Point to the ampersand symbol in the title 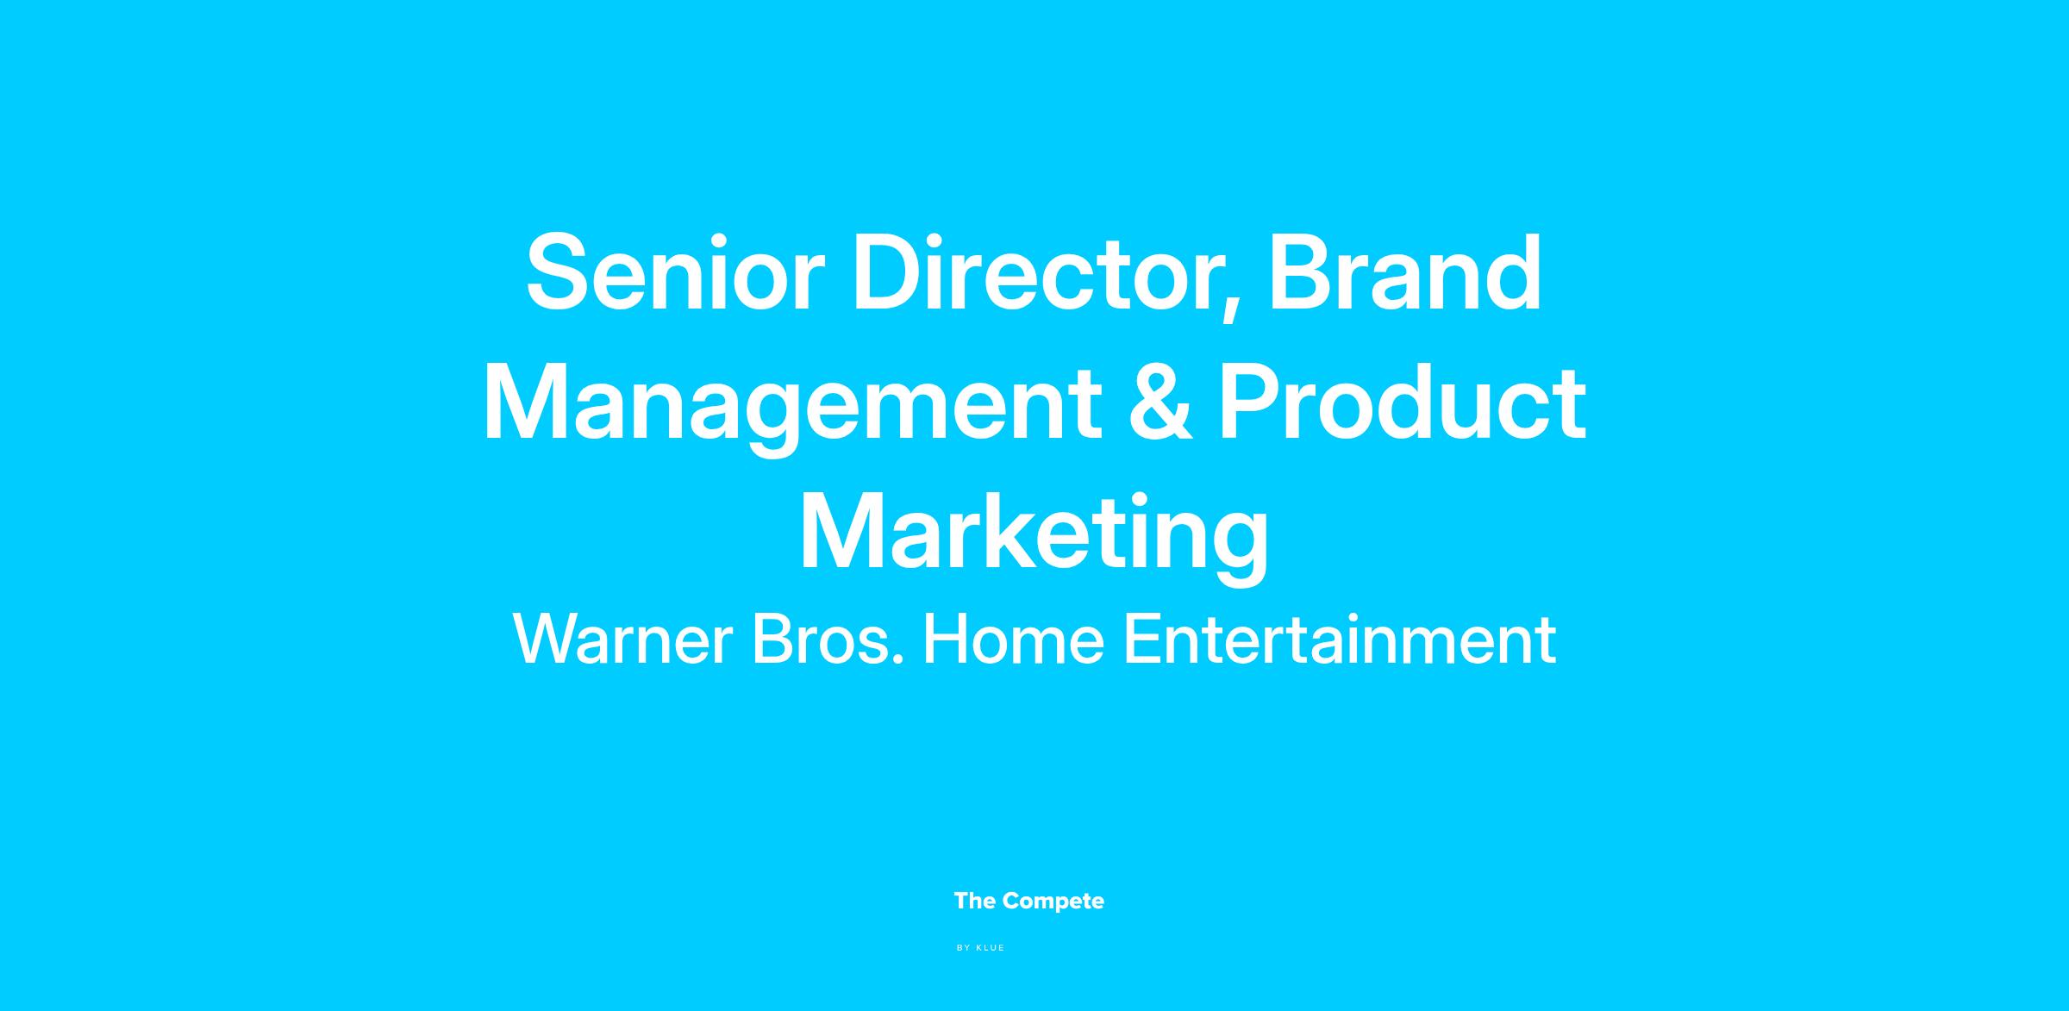coord(1160,403)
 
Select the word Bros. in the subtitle coord(828,640)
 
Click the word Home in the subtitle coord(1014,640)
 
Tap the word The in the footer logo coord(975,901)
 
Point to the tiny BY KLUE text coord(981,948)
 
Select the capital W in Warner coord(549,640)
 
